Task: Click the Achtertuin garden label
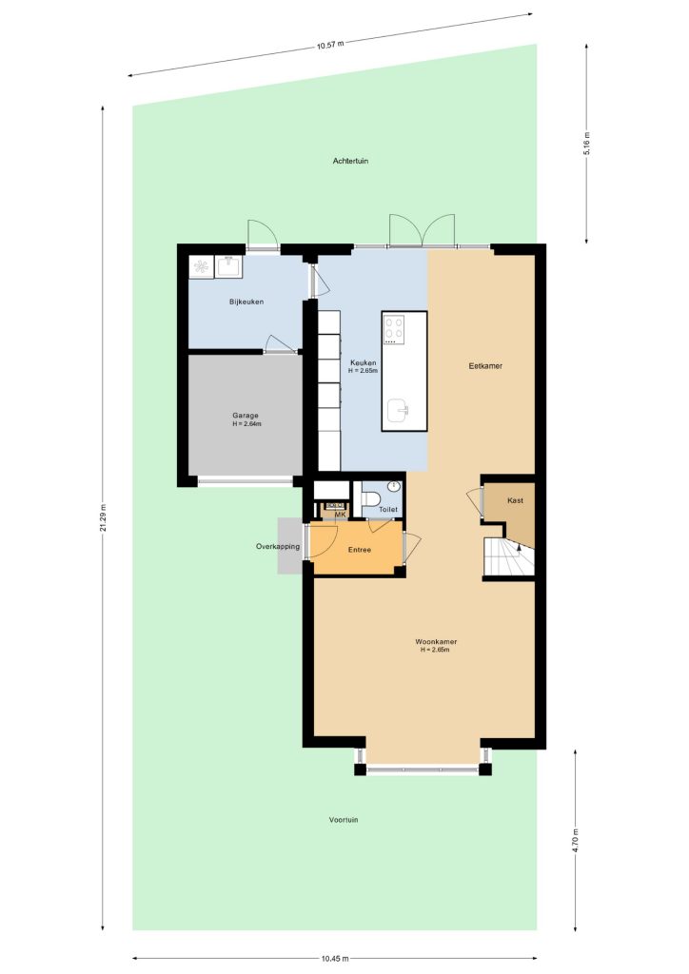pos(350,161)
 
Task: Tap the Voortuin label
pos(344,820)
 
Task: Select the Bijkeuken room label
pos(246,302)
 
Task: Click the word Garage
pos(246,416)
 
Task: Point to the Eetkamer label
pos(485,366)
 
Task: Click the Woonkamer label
pos(436,642)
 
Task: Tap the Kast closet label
pos(515,500)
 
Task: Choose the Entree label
pos(359,550)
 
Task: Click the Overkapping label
pos(278,547)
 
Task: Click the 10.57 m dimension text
pos(330,45)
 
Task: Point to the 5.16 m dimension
pos(586,145)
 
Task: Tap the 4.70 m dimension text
pos(576,840)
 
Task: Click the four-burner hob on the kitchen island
pos(394,330)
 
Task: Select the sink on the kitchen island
pos(398,410)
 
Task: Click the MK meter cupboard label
pos(340,515)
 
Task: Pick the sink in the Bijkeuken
pos(228,267)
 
